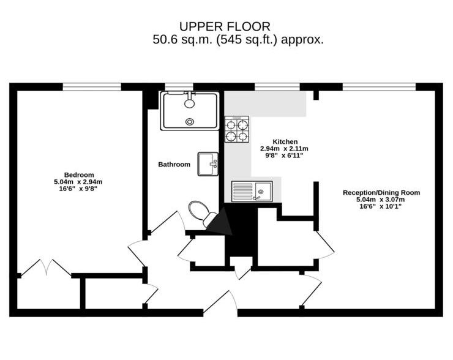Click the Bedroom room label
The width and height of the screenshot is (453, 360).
pyautogui.click(x=79, y=175)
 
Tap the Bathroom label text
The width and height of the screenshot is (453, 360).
pyautogui.click(x=174, y=165)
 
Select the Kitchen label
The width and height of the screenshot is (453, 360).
pyautogui.click(x=285, y=141)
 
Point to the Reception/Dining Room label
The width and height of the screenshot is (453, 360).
pyautogui.click(x=381, y=192)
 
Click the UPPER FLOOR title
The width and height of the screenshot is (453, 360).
pyautogui.click(x=225, y=26)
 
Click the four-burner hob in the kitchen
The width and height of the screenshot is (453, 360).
pyautogui.click(x=237, y=129)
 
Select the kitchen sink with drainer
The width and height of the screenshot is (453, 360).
pyautogui.click(x=252, y=191)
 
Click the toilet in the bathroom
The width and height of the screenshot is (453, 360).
pyautogui.click(x=201, y=213)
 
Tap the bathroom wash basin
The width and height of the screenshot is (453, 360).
pyautogui.click(x=208, y=164)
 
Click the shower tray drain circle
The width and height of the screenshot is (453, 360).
pyautogui.click(x=190, y=122)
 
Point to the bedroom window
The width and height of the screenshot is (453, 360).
pyautogui.click(x=92, y=87)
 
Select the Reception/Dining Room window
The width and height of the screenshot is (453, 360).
pyautogui.click(x=379, y=87)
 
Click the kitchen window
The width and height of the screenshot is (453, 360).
pyautogui.click(x=277, y=87)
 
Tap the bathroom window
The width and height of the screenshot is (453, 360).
pyautogui.click(x=179, y=87)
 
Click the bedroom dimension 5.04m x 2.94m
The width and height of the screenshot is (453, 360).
pyautogui.click(x=78, y=182)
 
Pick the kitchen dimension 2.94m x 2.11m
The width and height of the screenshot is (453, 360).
pyautogui.click(x=284, y=149)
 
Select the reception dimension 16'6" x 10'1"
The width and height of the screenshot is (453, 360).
pyautogui.click(x=381, y=206)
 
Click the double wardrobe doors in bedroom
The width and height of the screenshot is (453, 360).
pyautogui.click(x=47, y=268)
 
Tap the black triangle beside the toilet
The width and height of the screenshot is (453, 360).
pyautogui.click(x=221, y=222)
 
